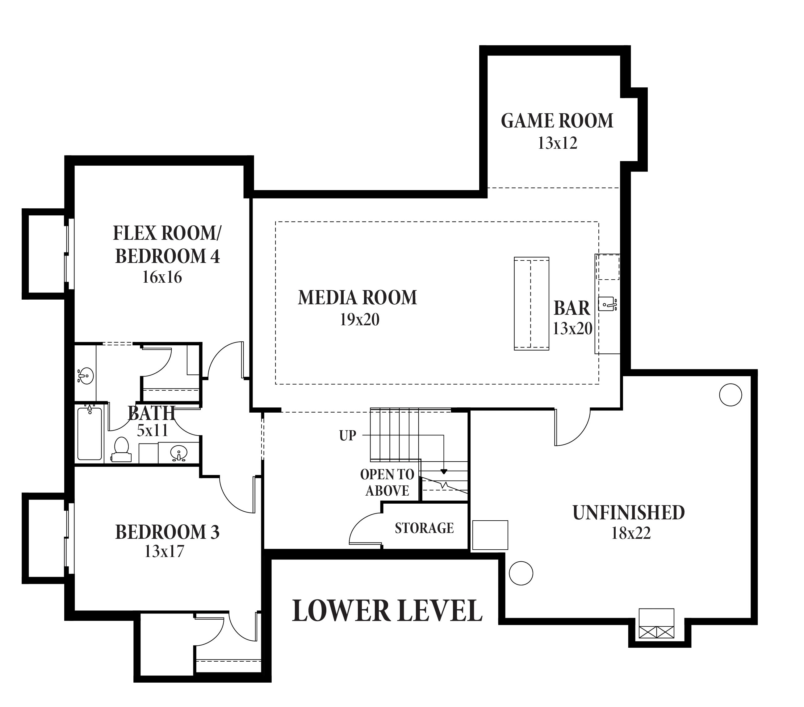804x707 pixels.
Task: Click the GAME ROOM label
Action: click(557, 121)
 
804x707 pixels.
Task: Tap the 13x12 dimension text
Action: click(557, 143)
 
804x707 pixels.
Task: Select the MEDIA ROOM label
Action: click(357, 298)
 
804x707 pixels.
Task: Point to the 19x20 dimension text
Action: click(359, 320)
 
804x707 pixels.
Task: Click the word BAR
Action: click(572, 308)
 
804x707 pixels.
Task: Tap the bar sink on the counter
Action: click(607, 304)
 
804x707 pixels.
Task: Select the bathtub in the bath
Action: click(90, 433)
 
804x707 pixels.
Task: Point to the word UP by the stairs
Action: click(348, 435)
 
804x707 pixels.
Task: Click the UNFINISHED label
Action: click(629, 513)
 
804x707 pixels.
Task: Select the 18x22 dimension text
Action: click(631, 533)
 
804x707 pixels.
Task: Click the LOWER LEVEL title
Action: click(387, 611)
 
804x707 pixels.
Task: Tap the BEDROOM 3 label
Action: click(167, 532)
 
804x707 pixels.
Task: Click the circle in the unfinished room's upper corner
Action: click(731, 395)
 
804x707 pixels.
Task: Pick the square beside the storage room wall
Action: click(490, 535)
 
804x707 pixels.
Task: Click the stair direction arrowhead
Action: click(444, 472)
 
